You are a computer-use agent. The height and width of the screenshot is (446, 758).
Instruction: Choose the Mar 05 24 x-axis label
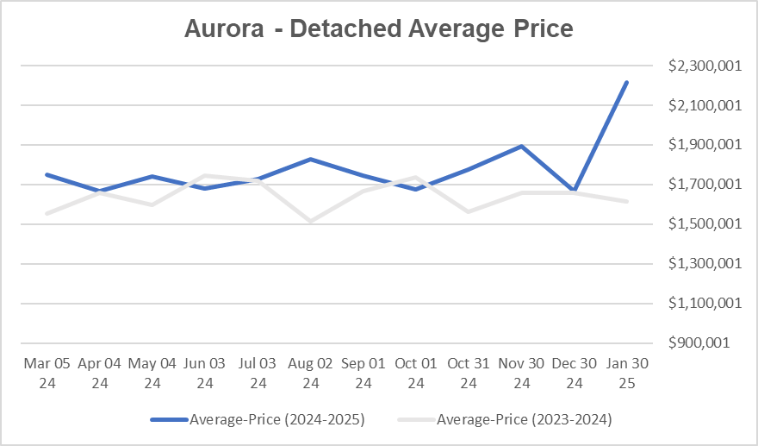(47, 373)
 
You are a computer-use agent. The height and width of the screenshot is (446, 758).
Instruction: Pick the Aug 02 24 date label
(311, 373)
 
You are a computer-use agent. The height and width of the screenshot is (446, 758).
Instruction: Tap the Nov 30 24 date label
(521, 373)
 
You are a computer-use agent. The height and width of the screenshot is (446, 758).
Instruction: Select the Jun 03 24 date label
(205, 373)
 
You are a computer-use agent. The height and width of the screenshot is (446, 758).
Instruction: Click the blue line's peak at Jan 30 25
(626, 83)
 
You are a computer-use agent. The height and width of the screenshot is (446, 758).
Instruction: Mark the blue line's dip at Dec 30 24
(574, 190)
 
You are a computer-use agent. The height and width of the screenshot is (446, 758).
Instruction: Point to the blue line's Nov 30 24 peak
(521, 147)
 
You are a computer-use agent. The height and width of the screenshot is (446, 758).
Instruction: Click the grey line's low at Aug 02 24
(311, 222)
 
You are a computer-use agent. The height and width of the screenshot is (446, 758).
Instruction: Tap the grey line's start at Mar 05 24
(47, 213)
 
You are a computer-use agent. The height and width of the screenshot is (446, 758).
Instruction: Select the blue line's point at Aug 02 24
(311, 160)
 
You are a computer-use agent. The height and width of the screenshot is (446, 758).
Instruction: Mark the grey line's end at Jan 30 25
(626, 201)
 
